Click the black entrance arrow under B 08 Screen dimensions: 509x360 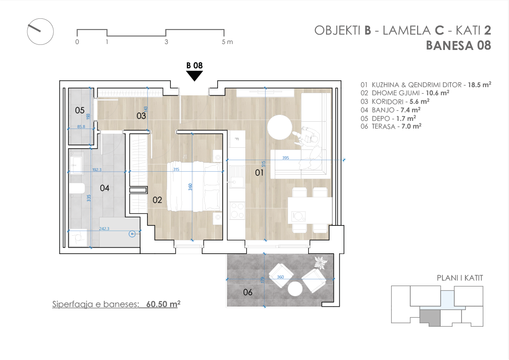[x=194, y=76]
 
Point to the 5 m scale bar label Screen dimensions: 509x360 [x=227, y=42]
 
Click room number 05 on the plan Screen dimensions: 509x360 [x=79, y=111]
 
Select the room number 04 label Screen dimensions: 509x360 [x=105, y=188]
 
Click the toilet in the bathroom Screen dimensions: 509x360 [x=77, y=188]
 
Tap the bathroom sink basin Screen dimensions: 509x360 [x=76, y=163]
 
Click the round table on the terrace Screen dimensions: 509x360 [x=295, y=289]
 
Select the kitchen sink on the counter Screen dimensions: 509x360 [x=236, y=177]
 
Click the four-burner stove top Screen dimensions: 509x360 [x=237, y=210]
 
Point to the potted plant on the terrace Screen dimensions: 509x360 [x=321, y=262]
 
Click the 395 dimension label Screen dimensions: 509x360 [x=285, y=158]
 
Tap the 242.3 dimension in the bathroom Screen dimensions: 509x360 [x=104, y=228]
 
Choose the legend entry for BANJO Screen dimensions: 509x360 [x=391, y=110]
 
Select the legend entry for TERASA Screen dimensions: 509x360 [x=391, y=126]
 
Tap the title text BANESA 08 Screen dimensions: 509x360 [x=459, y=46]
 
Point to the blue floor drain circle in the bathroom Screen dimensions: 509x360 [x=132, y=234]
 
